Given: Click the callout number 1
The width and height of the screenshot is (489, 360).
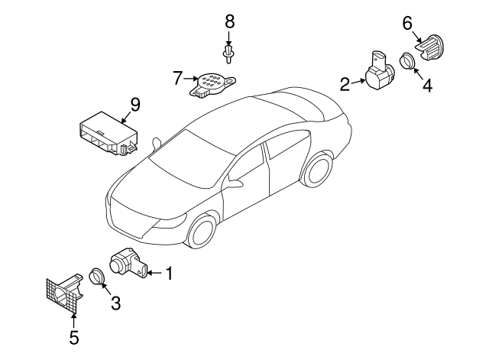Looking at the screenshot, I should [x=169, y=271].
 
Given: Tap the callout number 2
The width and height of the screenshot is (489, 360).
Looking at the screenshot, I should [x=345, y=83].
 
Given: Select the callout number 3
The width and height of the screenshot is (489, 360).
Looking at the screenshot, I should [x=115, y=303].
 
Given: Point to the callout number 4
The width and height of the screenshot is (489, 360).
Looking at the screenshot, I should [x=427, y=86].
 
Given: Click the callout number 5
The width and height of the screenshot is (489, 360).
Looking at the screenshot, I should [x=74, y=336].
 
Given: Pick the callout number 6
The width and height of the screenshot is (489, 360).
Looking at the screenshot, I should [x=407, y=23].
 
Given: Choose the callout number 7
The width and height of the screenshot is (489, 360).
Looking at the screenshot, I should [x=177, y=77].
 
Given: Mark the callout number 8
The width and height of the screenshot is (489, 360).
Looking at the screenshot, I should [x=229, y=21].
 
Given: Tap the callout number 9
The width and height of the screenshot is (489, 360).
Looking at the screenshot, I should [x=134, y=102].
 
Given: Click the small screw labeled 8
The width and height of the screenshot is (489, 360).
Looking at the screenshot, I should [x=229, y=54].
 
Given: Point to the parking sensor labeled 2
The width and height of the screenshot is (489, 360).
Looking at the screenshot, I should [x=378, y=73].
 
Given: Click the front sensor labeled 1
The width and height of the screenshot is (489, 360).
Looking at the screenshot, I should [x=128, y=263].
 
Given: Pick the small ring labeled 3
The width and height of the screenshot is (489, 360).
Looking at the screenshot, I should [x=97, y=277].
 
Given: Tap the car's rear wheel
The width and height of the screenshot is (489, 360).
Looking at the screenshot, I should [x=317, y=169].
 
